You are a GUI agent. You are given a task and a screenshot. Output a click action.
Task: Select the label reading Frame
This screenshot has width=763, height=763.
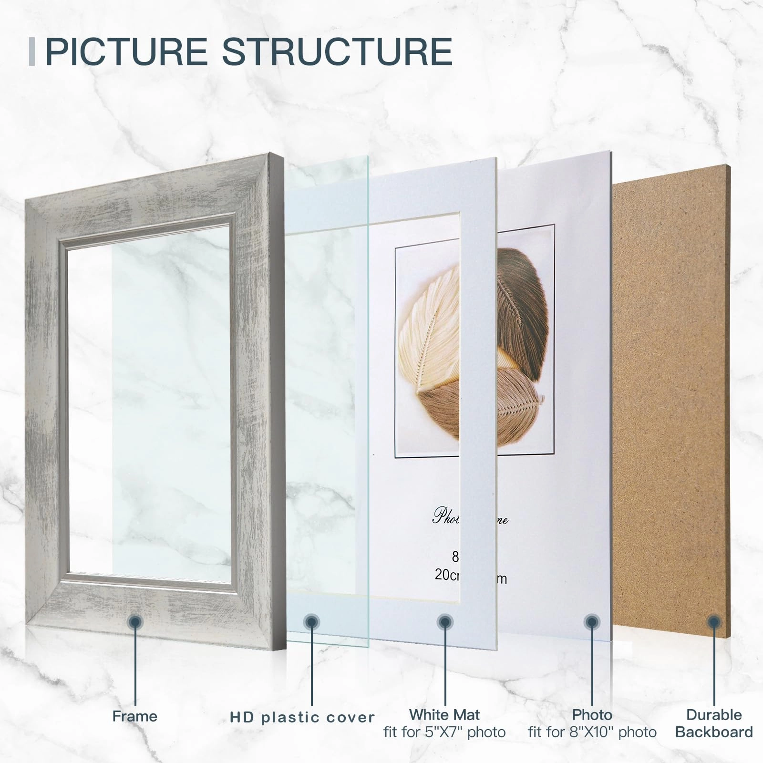(x=134, y=716)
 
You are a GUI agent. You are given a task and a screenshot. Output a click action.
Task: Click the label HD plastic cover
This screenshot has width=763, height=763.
(x=302, y=717)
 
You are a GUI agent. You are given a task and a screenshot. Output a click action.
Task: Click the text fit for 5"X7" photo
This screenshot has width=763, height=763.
(x=444, y=732)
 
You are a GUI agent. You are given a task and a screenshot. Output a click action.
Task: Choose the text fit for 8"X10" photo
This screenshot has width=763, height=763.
(x=592, y=732)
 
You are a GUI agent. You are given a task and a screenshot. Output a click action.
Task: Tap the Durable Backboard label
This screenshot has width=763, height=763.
(x=714, y=723)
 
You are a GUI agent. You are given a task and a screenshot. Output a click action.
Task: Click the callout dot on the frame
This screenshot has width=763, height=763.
(x=135, y=622)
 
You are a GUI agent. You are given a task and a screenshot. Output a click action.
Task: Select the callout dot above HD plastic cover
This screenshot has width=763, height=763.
(x=311, y=622)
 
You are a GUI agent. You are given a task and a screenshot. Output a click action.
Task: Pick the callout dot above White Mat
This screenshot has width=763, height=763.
(x=444, y=622)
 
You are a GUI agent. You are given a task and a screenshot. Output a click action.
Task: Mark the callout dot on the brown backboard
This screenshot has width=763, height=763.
(x=714, y=622)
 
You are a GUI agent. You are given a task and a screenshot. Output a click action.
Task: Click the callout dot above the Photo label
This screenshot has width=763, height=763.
(x=592, y=622)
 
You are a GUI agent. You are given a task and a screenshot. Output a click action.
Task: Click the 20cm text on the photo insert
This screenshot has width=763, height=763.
(x=447, y=575)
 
